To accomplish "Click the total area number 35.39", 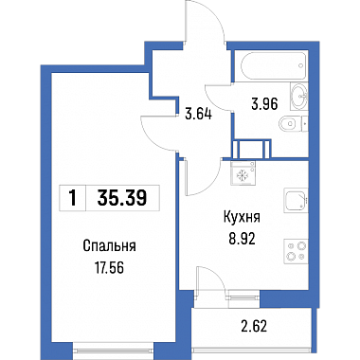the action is coord(122,198).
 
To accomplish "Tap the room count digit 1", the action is coord(73,199).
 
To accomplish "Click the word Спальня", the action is coord(109,246).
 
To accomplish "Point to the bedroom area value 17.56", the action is coord(109,268).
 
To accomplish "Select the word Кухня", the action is coord(242,217).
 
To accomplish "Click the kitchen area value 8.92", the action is coord(243,240).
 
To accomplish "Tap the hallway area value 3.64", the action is coord(198,114).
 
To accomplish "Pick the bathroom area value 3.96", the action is coord(264,104).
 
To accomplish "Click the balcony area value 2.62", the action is coord(254,327).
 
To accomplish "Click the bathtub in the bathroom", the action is coord(273,66).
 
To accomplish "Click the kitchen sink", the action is coord(296,201).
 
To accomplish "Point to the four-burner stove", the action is coord(296,251).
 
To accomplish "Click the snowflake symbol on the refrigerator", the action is coord(243,175).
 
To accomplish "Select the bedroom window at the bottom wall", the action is coord(114,350).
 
